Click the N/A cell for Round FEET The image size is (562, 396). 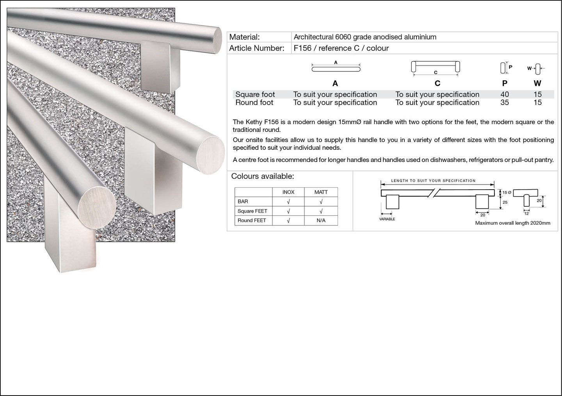pyautogui.click(x=321, y=220)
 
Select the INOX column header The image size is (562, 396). pyautogui.click(x=288, y=192)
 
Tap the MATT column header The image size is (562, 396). pyautogui.click(x=321, y=192)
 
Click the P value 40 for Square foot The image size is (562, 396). pyautogui.click(x=505, y=94)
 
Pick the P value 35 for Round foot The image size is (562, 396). pyautogui.click(x=505, y=102)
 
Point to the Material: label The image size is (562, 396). pyautogui.click(x=244, y=37)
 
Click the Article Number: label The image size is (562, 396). pyautogui.click(x=257, y=48)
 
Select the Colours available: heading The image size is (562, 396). pyautogui.click(x=262, y=176)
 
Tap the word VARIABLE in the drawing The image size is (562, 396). pyautogui.click(x=387, y=219)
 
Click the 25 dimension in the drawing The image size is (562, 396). pyautogui.click(x=505, y=202)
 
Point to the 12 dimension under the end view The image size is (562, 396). pyautogui.click(x=526, y=213)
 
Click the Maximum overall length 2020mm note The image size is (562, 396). pyautogui.click(x=512, y=223)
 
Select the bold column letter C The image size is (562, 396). pyautogui.click(x=437, y=83)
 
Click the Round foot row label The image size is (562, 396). pyautogui.click(x=254, y=102)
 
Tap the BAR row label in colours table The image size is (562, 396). pyautogui.click(x=243, y=201)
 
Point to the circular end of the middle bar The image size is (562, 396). pyautogui.click(x=210, y=156)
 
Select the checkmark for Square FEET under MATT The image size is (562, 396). pyautogui.click(x=321, y=211)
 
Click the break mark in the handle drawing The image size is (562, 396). pyautogui.click(x=434, y=193)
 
